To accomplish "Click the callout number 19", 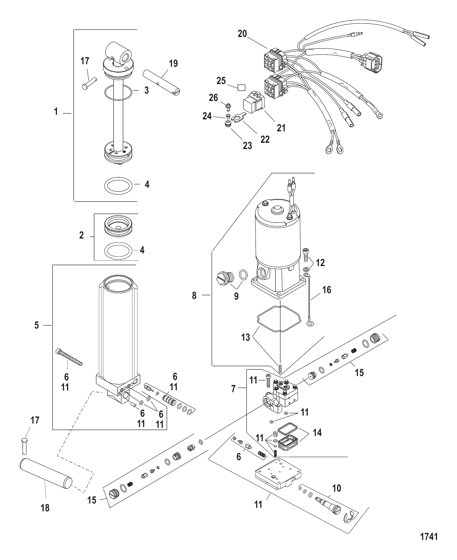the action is click(173, 63).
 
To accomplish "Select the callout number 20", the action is click(242, 34).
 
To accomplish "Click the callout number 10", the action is click(337, 488).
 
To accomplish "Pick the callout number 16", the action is click(327, 290).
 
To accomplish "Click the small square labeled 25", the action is click(241, 88).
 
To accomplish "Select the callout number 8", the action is click(194, 296).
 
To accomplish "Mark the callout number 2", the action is click(82, 235).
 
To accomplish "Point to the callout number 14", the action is click(317, 432).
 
